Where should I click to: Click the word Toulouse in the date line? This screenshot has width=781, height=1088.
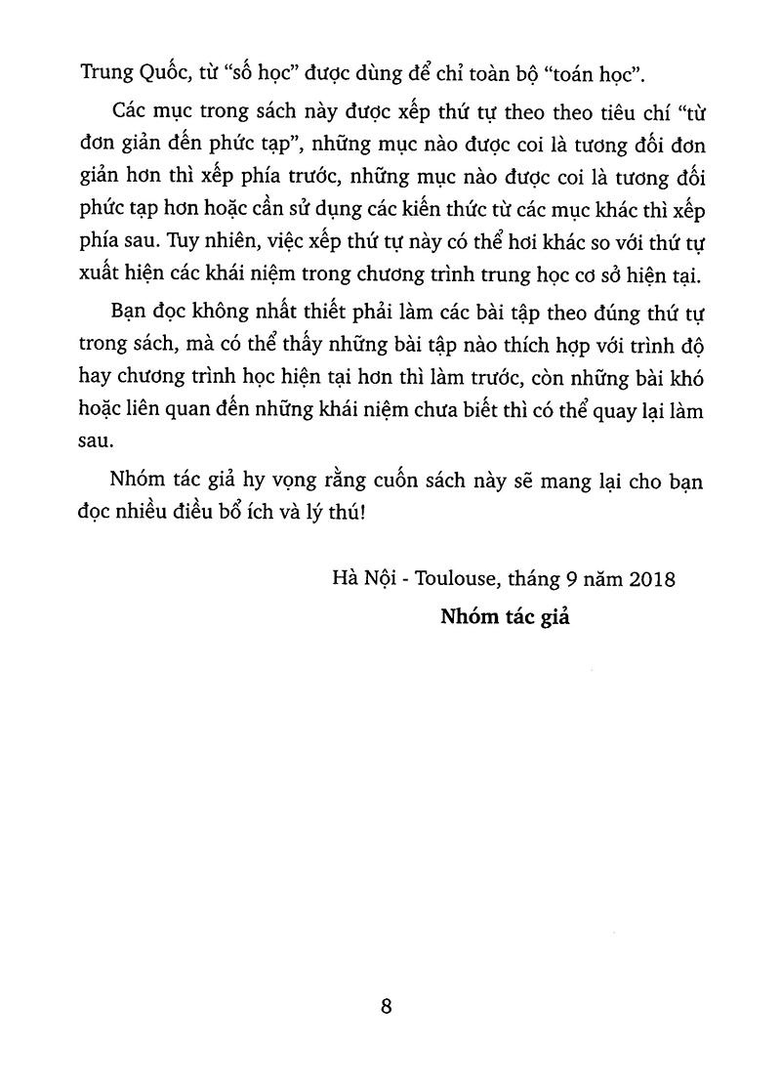point(453,579)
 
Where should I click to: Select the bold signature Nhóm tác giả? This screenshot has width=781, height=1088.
point(504,616)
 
